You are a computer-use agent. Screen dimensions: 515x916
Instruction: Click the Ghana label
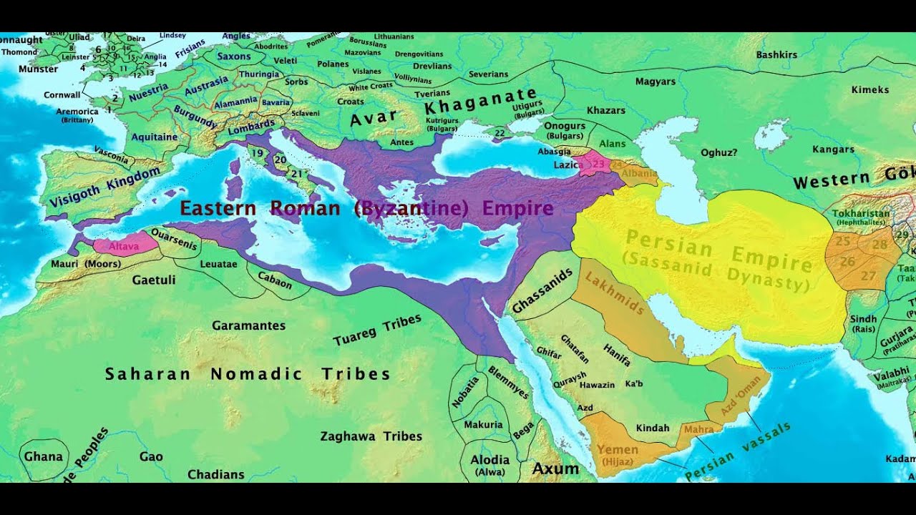(44, 456)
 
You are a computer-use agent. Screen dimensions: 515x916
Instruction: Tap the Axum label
(555, 469)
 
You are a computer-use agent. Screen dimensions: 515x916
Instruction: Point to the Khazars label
(605, 110)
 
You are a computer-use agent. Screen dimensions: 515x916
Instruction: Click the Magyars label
(655, 82)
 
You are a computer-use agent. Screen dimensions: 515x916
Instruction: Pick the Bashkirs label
(776, 54)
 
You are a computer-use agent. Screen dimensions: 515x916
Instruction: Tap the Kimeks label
(870, 89)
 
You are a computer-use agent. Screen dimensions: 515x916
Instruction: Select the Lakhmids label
(615, 293)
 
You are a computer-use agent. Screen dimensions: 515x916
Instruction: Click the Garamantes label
(248, 325)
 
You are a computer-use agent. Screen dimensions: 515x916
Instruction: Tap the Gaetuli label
(154, 280)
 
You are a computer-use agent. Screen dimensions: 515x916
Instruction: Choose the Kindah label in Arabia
(653, 428)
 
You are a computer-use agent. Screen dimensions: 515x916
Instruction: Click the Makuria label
(483, 424)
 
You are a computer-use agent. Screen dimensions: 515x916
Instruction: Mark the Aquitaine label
(155, 136)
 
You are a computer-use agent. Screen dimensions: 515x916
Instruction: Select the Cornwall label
(62, 94)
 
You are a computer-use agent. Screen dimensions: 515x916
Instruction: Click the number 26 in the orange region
(847, 262)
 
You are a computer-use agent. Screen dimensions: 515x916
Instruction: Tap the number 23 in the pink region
(598, 164)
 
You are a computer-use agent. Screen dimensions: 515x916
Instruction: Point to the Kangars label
(833, 149)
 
